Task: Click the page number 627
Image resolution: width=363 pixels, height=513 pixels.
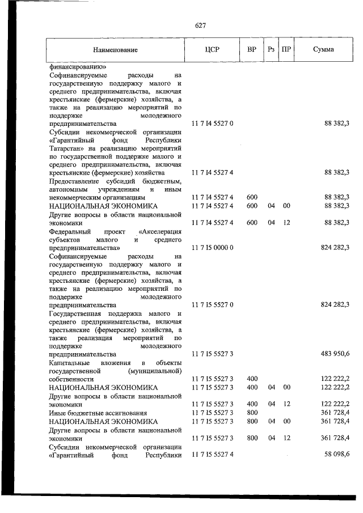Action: click(200, 26)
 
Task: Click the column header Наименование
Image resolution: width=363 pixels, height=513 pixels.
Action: click(116, 50)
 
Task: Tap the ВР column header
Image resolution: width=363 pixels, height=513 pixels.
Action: click(252, 49)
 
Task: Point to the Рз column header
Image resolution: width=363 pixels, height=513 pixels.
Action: click(271, 49)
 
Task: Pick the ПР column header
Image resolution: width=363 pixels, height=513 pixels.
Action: click(286, 49)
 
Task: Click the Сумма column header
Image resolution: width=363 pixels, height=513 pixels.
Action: click(323, 49)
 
